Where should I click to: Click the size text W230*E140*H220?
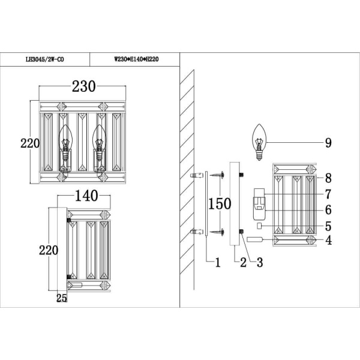tap(137, 59)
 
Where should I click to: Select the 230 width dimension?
tap(84, 86)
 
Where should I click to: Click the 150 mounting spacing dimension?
tap(220, 203)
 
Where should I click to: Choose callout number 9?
tap(328, 143)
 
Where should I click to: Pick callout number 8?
tap(328, 178)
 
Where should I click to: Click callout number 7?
tap(328, 194)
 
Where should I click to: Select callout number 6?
tap(328, 210)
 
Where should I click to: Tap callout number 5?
tap(328, 226)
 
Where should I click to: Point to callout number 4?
tap(328, 241)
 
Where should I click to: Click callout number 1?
tap(218, 262)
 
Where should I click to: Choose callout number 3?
tap(260, 262)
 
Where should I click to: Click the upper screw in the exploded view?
tap(215, 176)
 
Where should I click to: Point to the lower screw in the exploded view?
tap(215, 231)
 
